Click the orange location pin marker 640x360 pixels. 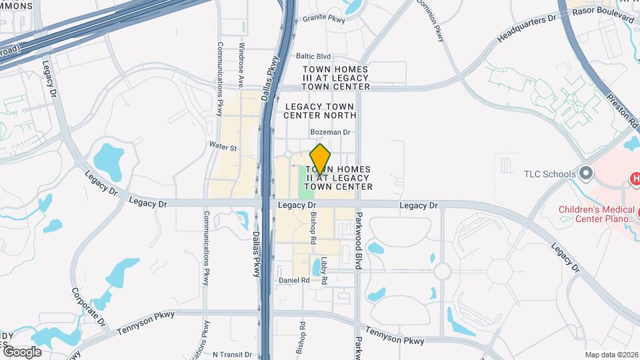[x=321, y=159]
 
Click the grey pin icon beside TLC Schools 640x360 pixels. [x=586, y=174]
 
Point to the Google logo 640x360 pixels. [x=22, y=351]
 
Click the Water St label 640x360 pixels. [x=223, y=147]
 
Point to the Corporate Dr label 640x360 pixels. [x=98, y=307]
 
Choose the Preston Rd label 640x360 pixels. [x=623, y=111]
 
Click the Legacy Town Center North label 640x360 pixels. [x=321, y=111]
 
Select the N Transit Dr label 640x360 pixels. [x=228, y=355]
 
